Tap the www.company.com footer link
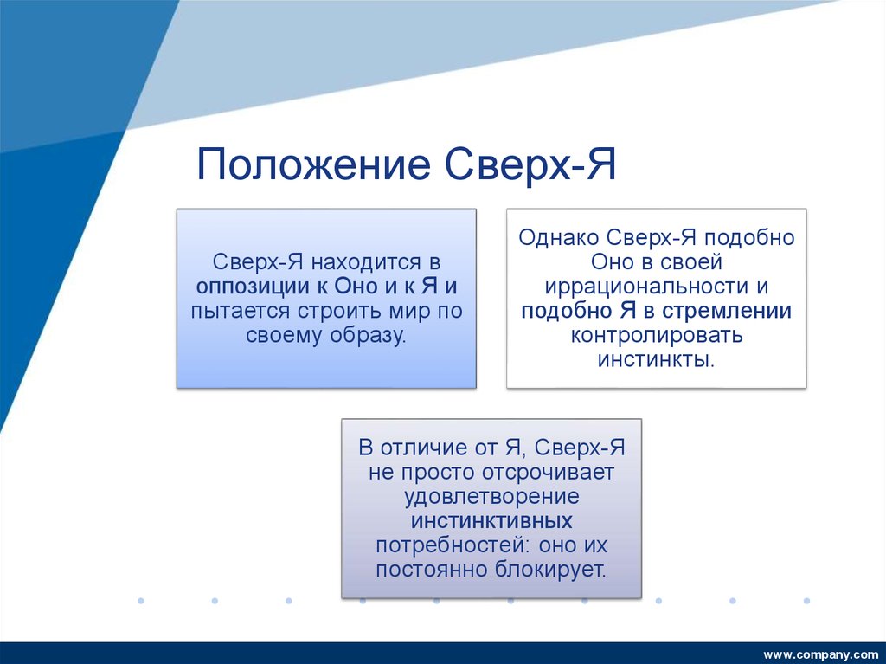pos(820,653)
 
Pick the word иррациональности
pos(641,287)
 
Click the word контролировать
pos(656,335)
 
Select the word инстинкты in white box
pos(656,359)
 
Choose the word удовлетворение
pos(491,497)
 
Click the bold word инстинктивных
pos(491,521)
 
